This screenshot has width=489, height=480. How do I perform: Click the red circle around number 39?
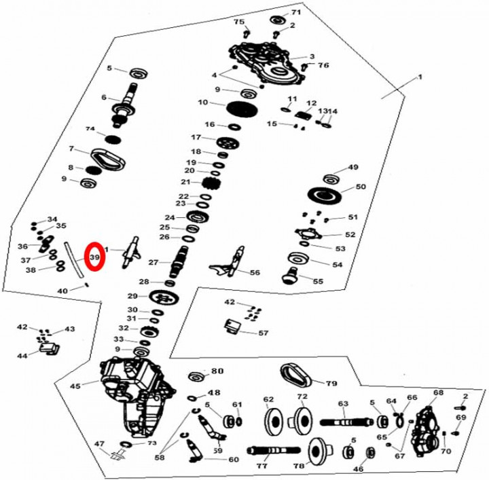pos(94,257)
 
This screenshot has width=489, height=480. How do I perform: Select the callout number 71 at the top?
pos(295,13)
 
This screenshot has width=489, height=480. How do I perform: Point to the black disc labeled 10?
pos(238,108)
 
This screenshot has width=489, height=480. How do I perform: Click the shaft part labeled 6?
pos(126,105)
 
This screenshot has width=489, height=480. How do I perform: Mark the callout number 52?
pos(350,234)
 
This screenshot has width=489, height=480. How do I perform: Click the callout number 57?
pos(263,333)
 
